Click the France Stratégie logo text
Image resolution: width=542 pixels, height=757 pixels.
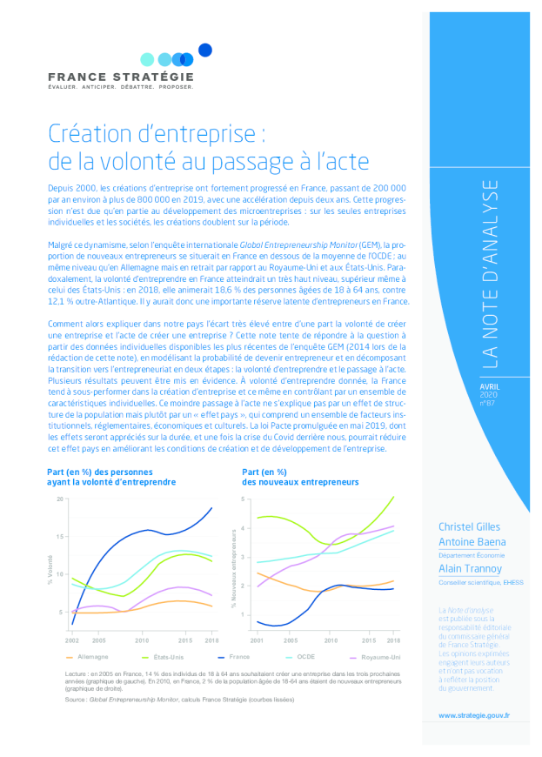121,77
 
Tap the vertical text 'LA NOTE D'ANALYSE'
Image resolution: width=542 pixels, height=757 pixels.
491,273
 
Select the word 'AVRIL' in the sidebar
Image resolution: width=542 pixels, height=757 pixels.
491,386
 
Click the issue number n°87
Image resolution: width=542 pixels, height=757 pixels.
487,404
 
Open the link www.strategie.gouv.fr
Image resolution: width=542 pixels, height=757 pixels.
474,714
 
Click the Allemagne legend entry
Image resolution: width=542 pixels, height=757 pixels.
92,657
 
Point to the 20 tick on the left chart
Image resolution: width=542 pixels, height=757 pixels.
60,499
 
